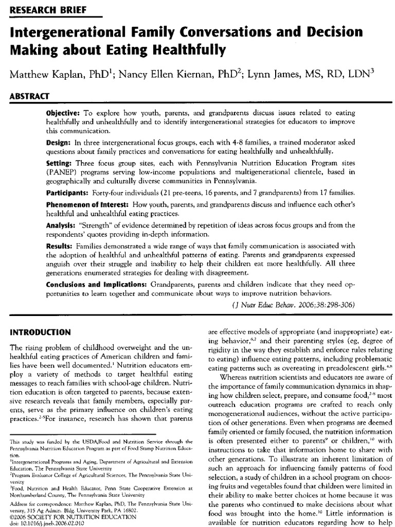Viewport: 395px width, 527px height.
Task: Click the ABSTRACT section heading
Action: (28, 96)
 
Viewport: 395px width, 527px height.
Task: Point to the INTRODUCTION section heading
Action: (40, 332)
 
